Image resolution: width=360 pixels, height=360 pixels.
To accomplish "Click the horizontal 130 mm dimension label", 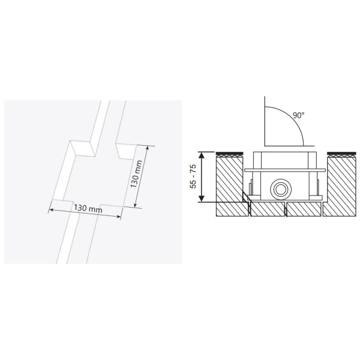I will [x=88, y=208].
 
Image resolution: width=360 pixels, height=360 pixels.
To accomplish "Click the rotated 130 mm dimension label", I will [x=136, y=175].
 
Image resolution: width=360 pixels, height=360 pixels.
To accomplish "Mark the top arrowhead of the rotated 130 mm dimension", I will [x=146, y=148].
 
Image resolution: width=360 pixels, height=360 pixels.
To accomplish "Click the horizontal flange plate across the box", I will [x=285, y=170].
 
